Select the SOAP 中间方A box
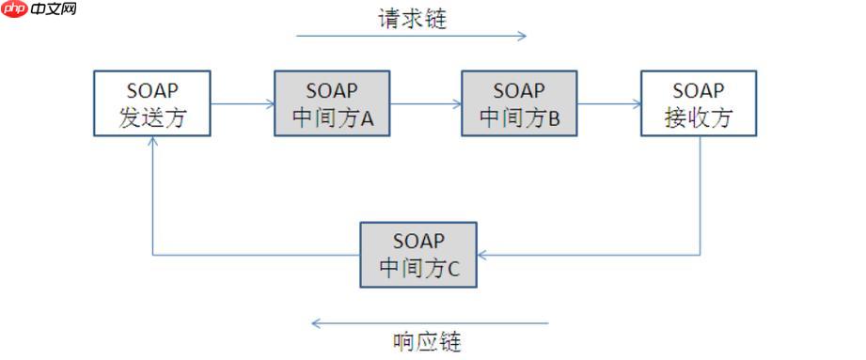[332, 103]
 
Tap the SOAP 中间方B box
[519, 103]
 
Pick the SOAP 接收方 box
[698, 103]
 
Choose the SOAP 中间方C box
[418, 255]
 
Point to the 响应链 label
[427, 340]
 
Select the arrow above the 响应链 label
[429, 323]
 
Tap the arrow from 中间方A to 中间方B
[424, 104]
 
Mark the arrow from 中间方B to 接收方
[608, 104]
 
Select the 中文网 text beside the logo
[53, 9]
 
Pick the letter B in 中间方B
[554, 119]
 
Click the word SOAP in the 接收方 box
[698, 90]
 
